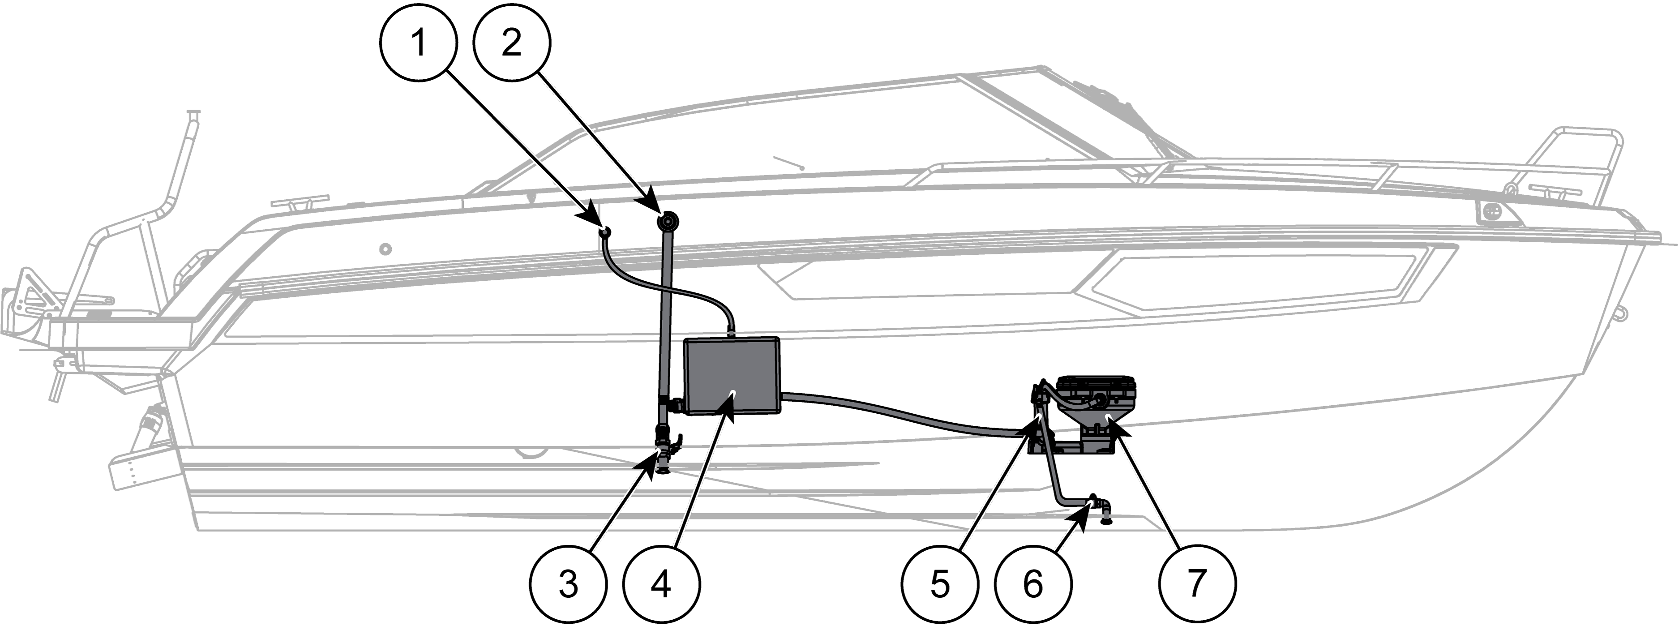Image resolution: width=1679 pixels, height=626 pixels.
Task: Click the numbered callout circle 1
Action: pos(419,43)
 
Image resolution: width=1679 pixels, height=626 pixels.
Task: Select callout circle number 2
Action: pos(512,43)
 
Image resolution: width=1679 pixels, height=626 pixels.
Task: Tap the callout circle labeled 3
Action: pos(568,583)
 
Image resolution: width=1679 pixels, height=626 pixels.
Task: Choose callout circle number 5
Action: pos(939,583)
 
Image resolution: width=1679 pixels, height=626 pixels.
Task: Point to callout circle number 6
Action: pos(1032,583)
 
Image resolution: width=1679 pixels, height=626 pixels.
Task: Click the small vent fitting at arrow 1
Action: pos(605,232)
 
